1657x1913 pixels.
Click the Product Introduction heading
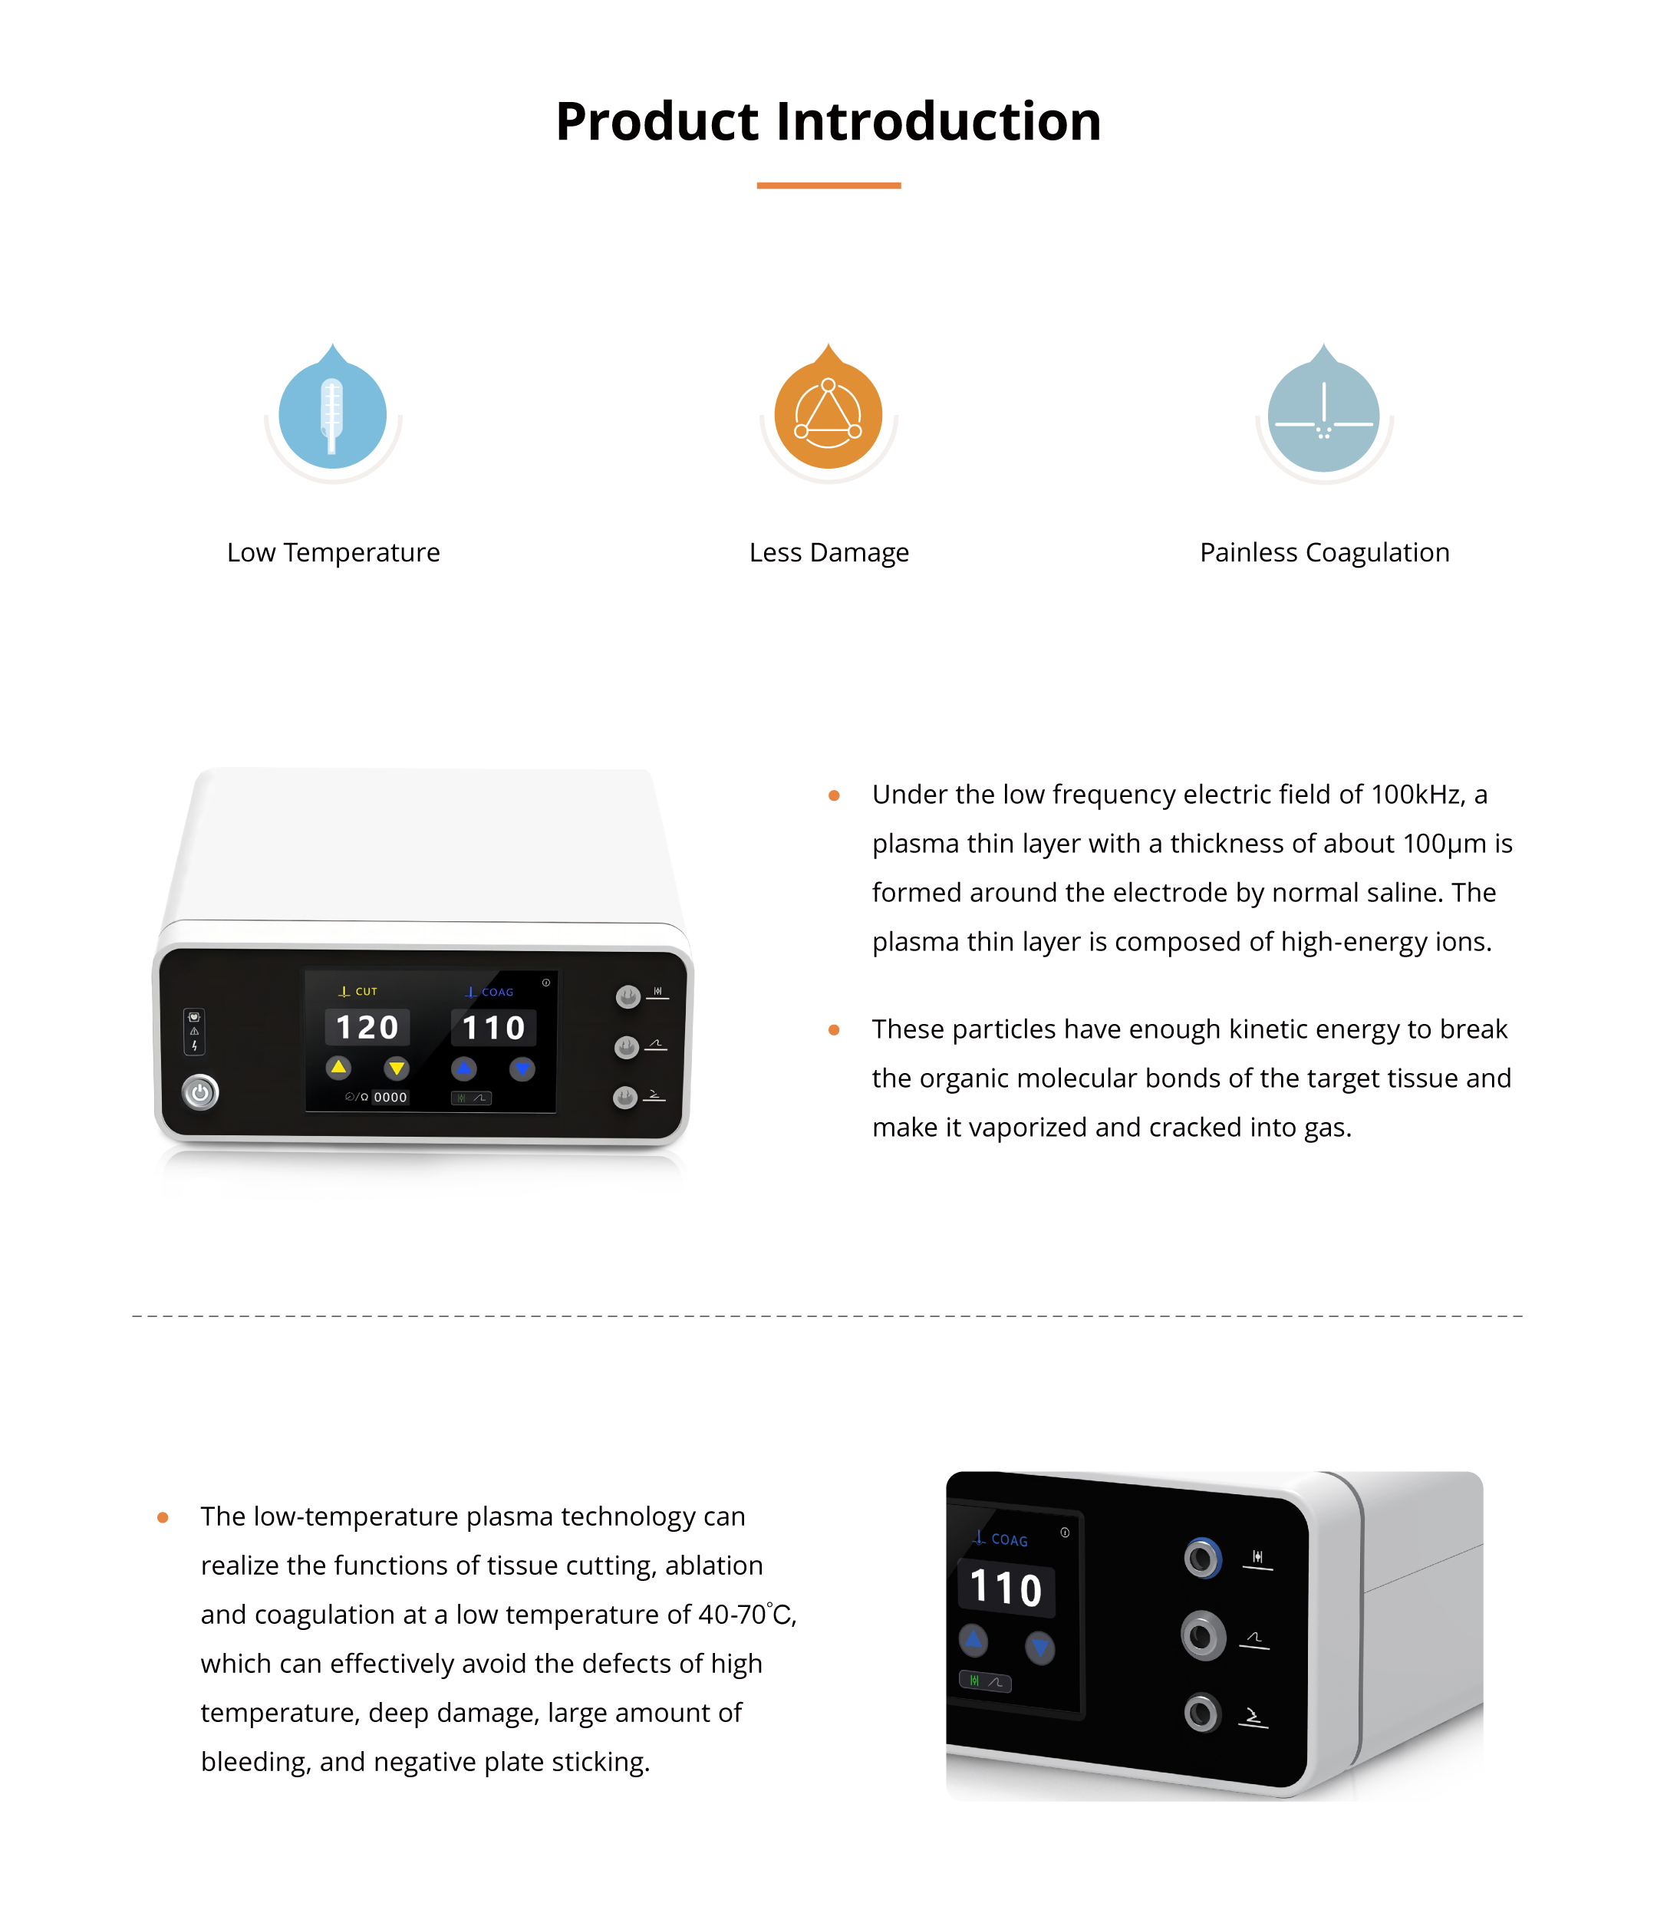tap(828, 121)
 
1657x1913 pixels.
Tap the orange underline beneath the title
tap(828, 186)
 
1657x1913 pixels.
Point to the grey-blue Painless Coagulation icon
tap(1323, 409)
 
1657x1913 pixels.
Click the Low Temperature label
tap(333, 553)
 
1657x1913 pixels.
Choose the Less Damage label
tap(828, 553)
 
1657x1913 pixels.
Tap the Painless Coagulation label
tap(1324, 553)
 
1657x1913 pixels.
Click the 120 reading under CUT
tap(367, 1027)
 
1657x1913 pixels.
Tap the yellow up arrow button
tap(338, 1068)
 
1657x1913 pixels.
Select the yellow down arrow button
tap(397, 1068)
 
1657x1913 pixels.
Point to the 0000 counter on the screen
tap(390, 1098)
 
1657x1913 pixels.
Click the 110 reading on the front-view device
tap(494, 1028)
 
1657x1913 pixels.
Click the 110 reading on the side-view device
tap(1006, 1589)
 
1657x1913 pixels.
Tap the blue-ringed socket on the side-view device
tap(1203, 1559)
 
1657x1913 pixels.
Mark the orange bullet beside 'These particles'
tap(834, 1030)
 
